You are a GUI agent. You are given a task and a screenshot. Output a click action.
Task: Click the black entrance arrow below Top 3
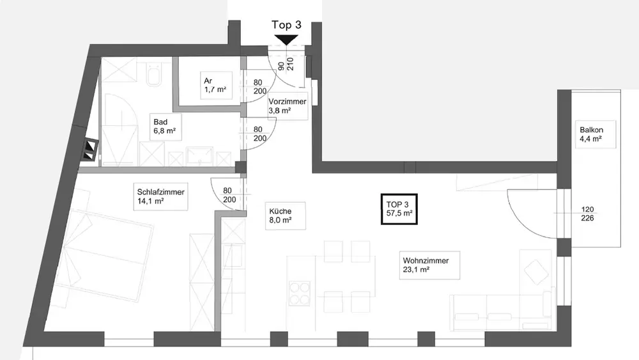(x=286, y=40)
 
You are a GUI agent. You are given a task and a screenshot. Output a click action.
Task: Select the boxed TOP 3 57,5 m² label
(x=399, y=209)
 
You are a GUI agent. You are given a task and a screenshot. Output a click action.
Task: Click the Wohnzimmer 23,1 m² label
(x=426, y=265)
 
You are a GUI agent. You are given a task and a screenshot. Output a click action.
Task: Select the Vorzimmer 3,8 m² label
(x=287, y=106)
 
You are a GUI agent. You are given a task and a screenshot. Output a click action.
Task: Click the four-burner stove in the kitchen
(x=300, y=295)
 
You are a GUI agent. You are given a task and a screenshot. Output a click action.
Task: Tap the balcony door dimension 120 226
(x=588, y=214)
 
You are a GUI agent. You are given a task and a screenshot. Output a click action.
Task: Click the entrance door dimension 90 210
(x=285, y=64)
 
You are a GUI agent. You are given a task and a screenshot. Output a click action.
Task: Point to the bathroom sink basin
(x=201, y=155)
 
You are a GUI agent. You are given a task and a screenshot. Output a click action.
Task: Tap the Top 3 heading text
(x=286, y=25)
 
